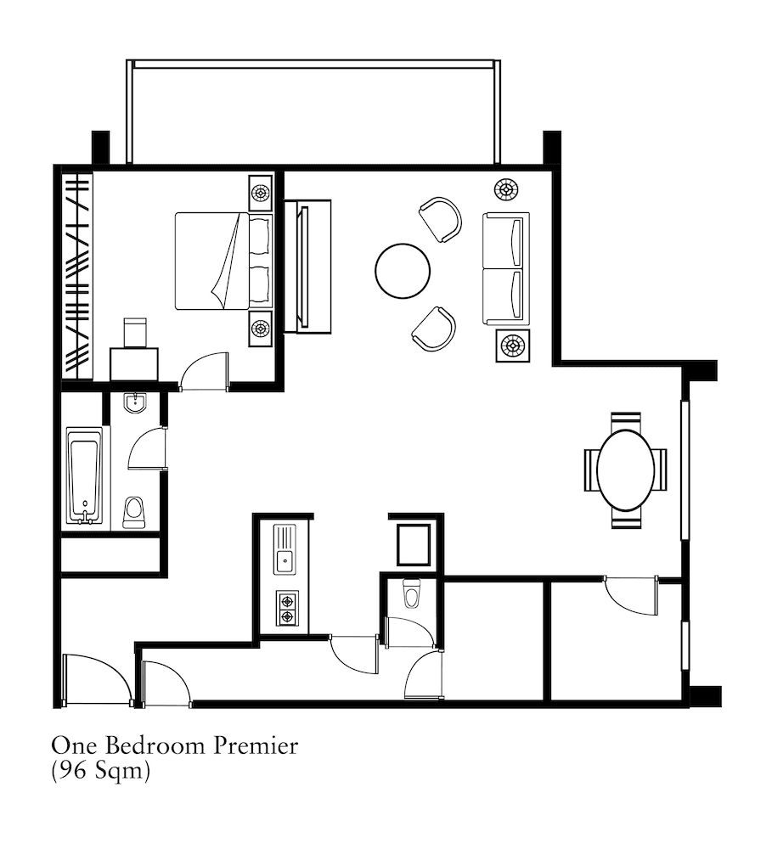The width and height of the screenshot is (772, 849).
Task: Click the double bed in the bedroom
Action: click(x=223, y=261)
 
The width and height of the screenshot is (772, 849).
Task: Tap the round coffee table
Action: click(x=403, y=271)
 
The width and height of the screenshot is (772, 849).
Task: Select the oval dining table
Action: click(x=626, y=470)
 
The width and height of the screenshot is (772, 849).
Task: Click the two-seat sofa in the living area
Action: click(x=505, y=268)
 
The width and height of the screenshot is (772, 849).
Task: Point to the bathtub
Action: click(x=85, y=476)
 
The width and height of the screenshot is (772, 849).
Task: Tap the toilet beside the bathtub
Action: click(x=134, y=512)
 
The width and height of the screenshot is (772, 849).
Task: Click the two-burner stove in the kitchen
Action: click(x=287, y=608)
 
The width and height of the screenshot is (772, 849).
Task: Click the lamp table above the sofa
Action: click(x=506, y=189)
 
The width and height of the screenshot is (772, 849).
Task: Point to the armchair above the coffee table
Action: click(x=441, y=219)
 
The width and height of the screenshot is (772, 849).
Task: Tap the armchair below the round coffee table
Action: click(x=433, y=329)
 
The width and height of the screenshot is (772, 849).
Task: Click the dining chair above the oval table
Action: click(x=626, y=422)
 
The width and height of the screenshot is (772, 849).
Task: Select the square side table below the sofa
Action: click(x=512, y=345)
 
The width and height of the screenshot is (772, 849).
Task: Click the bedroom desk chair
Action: click(x=135, y=333)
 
